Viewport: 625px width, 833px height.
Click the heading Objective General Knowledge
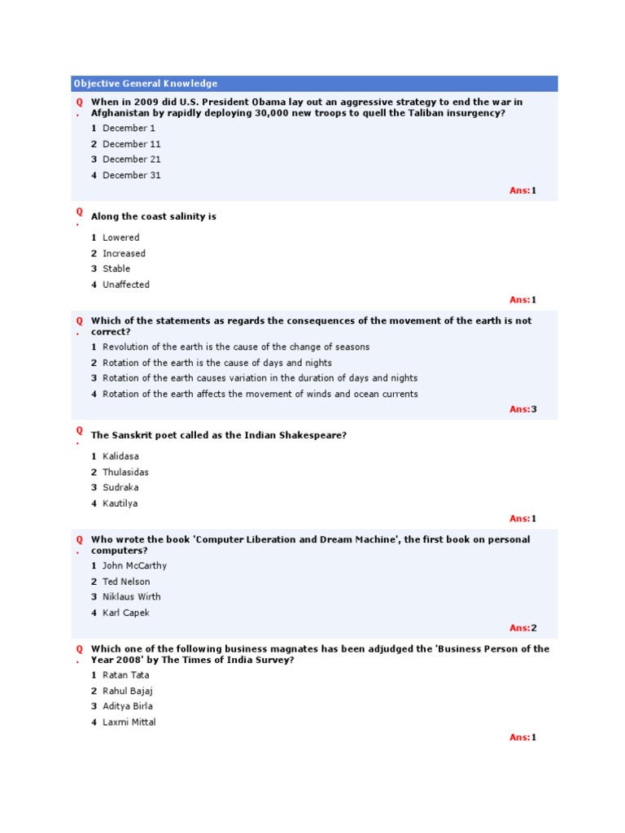point(146,84)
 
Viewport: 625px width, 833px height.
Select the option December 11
point(131,144)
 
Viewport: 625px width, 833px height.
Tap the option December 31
point(131,175)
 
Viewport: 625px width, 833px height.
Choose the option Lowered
point(120,238)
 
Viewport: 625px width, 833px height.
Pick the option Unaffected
point(125,285)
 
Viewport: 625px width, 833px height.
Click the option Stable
point(116,268)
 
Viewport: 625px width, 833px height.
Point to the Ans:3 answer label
point(523,409)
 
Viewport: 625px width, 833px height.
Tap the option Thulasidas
point(125,472)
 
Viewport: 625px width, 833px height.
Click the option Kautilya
point(120,504)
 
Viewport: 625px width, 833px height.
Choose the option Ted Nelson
point(126,582)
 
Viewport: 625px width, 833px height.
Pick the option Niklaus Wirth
point(131,596)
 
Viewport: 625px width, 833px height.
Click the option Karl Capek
point(125,613)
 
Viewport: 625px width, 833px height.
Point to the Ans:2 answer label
point(523,628)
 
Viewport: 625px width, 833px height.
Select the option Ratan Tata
point(124,675)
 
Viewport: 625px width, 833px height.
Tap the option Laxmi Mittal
point(129,722)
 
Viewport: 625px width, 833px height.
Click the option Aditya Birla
point(127,706)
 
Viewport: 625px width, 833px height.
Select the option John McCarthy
point(134,565)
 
